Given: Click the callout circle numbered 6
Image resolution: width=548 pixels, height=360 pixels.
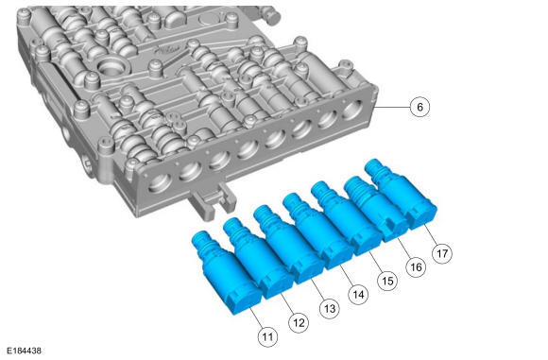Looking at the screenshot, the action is [x=420, y=107].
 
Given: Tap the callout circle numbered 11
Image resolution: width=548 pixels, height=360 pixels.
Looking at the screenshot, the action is [x=267, y=336].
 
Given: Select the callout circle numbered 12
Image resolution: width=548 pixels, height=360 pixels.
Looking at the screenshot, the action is [x=299, y=322].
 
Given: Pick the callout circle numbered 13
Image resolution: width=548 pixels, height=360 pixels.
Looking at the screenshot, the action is [x=330, y=309].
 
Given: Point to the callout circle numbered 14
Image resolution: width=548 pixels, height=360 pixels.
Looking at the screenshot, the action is [x=358, y=295].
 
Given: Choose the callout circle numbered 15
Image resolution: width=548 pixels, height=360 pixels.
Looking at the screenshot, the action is [x=387, y=281].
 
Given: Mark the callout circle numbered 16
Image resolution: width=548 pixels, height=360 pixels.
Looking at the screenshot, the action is [x=416, y=267].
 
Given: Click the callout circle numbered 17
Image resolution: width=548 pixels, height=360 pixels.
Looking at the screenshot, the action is [x=442, y=253].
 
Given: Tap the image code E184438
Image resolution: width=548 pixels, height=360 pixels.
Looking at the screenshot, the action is [x=25, y=351].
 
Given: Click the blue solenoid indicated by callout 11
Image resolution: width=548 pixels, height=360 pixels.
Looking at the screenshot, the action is [x=226, y=273].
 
